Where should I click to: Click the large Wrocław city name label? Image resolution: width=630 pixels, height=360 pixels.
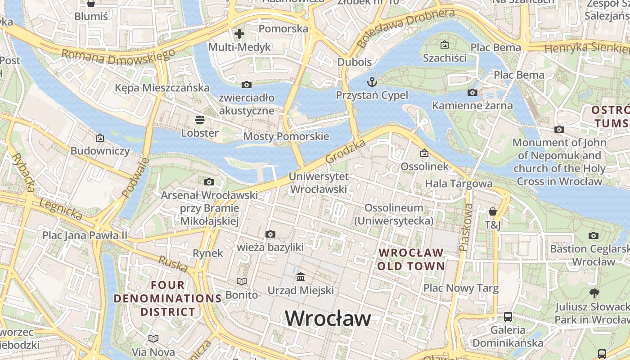[x=328, y=318]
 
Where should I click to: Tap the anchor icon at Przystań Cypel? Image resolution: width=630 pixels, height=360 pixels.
[x=372, y=81]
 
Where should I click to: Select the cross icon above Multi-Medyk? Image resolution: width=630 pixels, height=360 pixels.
[x=239, y=34]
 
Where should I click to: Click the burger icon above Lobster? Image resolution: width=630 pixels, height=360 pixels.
[x=200, y=119]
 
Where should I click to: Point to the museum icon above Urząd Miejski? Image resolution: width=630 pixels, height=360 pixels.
[x=301, y=277]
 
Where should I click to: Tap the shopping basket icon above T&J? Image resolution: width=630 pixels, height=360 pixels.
[x=493, y=211]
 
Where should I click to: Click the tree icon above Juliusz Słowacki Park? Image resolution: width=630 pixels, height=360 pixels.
[x=594, y=293]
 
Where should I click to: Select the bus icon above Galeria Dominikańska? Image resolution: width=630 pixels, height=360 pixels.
[x=508, y=316]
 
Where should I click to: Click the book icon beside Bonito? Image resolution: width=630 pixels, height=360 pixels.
[x=242, y=282]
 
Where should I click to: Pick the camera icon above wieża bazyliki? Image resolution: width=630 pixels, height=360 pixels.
[x=270, y=234]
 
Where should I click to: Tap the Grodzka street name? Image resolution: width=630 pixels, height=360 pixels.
[x=345, y=152]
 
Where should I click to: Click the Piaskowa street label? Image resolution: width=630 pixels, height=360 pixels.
[x=465, y=227]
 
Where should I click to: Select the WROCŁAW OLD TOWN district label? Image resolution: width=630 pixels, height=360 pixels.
[x=411, y=259]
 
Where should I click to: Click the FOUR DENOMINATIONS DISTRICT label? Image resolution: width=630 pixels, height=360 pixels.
[x=168, y=298]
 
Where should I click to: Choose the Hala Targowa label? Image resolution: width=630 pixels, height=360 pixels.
[x=459, y=184]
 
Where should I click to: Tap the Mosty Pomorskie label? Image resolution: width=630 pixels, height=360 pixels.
[x=286, y=136]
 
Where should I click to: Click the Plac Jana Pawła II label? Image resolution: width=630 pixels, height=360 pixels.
[x=85, y=235]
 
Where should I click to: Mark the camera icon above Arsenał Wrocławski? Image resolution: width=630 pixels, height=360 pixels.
[x=209, y=182]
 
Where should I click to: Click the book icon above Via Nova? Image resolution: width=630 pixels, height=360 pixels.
[x=153, y=338]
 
